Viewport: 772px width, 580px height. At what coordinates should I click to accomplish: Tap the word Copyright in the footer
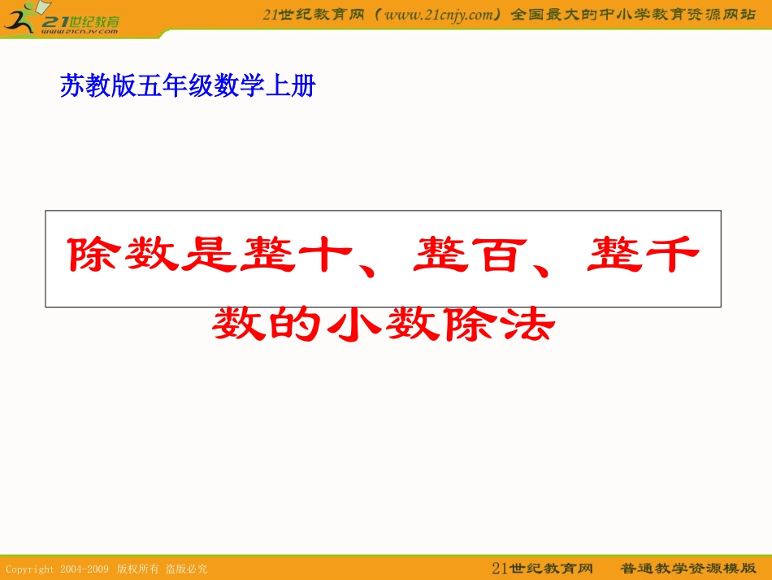coord(30,569)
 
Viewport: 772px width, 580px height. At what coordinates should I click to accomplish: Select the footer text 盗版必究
coord(186,569)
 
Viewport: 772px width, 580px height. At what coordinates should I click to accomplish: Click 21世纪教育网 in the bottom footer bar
coord(542,568)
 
